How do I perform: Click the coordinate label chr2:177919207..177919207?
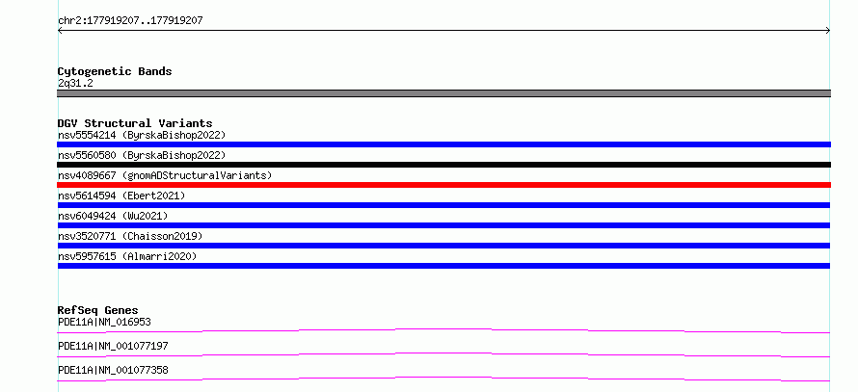[130, 21]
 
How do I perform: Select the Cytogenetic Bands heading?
[115, 71]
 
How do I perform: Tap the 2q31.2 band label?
[75, 83]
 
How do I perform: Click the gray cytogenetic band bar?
[443, 93]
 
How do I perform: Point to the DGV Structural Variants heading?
[135, 123]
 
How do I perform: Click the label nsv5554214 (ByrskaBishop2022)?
[142, 135]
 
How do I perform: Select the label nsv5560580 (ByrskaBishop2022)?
[142, 155]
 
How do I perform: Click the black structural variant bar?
[443, 165]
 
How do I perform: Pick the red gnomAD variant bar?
[443, 185]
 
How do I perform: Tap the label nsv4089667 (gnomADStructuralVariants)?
[165, 175]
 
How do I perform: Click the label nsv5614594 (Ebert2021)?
[121, 196]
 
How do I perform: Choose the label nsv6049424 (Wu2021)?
[113, 216]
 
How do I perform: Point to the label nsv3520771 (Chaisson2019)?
[130, 236]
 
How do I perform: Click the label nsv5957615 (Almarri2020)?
[127, 256]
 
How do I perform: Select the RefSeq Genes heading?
[98, 310]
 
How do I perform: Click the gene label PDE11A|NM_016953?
[104, 322]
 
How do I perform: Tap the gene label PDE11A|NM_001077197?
[113, 346]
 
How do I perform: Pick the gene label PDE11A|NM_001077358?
[113, 370]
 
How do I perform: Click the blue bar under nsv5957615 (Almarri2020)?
[443, 266]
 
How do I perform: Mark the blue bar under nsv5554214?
[443, 144]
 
